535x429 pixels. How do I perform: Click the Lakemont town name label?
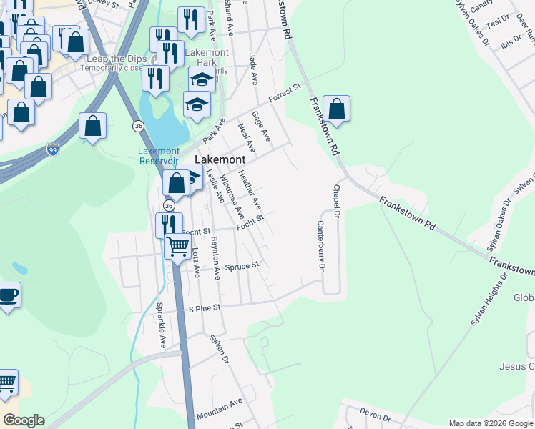pos(221,159)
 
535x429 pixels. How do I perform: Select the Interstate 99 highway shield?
pos(53,149)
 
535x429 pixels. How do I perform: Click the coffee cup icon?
pos(7,295)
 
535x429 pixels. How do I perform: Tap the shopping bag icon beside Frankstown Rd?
pos(336,109)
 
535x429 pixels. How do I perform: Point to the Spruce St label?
pos(242,266)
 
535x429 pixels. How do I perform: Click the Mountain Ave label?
pos(220,409)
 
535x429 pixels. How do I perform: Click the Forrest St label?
pos(285,93)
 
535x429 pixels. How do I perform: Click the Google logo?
pos(24,420)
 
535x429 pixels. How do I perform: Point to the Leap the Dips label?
pos(117,59)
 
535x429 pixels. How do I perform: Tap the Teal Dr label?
pos(496,24)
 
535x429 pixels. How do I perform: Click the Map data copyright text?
pos(491,423)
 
